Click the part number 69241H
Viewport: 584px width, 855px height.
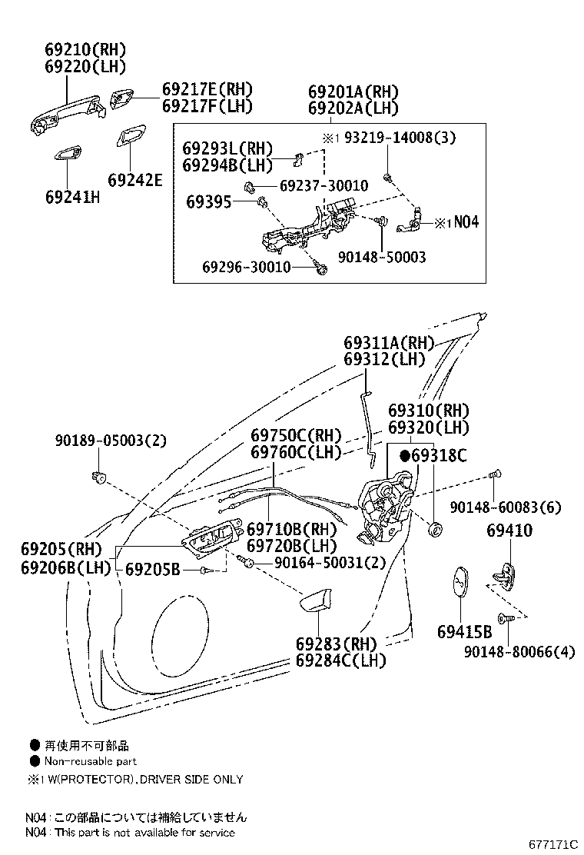[x=72, y=196]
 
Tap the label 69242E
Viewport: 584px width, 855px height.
[x=135, y=180]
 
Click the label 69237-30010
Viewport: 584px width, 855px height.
[x=323, y=186]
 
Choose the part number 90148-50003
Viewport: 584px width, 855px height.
[x=381, y=258]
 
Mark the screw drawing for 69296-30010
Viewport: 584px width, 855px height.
[x=323, y=268]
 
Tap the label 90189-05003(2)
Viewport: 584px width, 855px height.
[x=111, y=441]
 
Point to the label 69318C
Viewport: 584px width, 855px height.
[x=438, y=456]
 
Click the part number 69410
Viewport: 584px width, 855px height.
[x=509, y=531]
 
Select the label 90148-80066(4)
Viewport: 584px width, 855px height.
[x=519, y=652]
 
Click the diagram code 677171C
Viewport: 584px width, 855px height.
[x=552, y=844]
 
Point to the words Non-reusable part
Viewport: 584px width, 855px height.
[x=89, y=761]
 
